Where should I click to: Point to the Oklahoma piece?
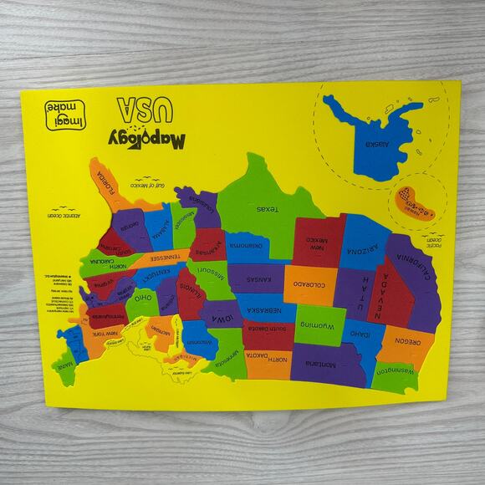tap(248, 244)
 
